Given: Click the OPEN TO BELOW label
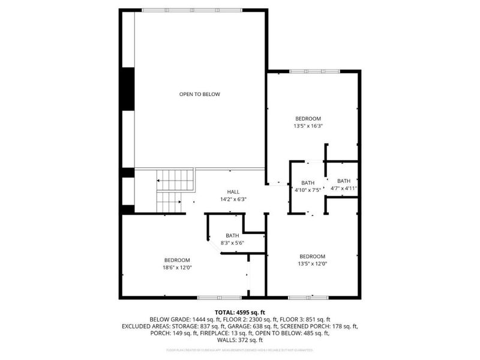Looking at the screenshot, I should (x=200, y=94).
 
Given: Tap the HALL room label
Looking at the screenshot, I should (x=233, y=191).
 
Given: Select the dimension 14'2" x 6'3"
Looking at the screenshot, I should (x=233, y=199).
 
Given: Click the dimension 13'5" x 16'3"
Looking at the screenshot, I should (x=308, y=126).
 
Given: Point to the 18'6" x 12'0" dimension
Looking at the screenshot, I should (x=177, y=267).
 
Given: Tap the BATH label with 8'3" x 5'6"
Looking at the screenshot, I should (x=233, y=235).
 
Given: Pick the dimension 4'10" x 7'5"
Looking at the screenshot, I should (x=308, y=190).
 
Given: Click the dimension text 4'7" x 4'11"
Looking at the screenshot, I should (x=344, y=188).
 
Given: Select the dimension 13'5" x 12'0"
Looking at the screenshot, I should (x=312, y=263).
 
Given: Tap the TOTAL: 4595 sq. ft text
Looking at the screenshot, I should (x=240, y=313).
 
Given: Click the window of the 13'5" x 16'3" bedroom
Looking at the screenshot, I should (x=315, y=71).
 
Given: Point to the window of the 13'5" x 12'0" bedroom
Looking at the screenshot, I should (x=308, y=297).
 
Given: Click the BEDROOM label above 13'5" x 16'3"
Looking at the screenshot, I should (x=308, y=118).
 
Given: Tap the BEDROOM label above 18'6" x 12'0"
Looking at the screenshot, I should (x=177, y=259).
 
